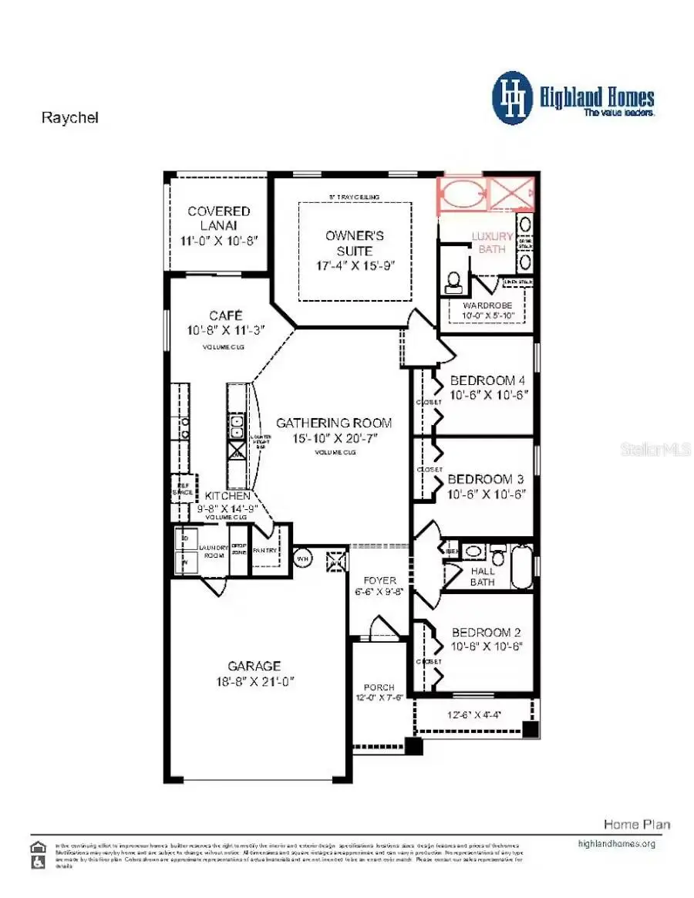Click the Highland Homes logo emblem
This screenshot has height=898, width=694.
pyautogui.click(x=512, y=98)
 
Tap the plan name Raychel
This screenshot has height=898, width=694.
pyautogui.click(x=69, y=118)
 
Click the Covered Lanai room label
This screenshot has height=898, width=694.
pyautogui.click(x=219, y=218)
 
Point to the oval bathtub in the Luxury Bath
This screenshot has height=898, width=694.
pyautogui.click(x=462, y=193)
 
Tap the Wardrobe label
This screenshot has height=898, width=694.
pyautogui.click(x=487, y=306)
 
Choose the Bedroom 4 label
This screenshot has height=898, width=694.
pyautogui.click(x=483, y=380)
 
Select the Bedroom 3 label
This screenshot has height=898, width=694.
pyautogui.click(x=486, y=478)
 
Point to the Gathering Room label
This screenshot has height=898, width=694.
pyautogui.click(x=334, y=423)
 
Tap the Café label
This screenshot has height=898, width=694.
pyautogui.click(x=226, y=316)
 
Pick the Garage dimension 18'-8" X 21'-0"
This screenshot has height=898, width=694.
pyautogui.click(x=254, y=681)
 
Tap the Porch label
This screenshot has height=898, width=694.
pyautogui.click(x=379, y=687)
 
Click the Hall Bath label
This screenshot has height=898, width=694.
pyautogui.click(x=483, y=576)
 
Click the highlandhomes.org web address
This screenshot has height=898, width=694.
pyautogui.click(x=616, y=843)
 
